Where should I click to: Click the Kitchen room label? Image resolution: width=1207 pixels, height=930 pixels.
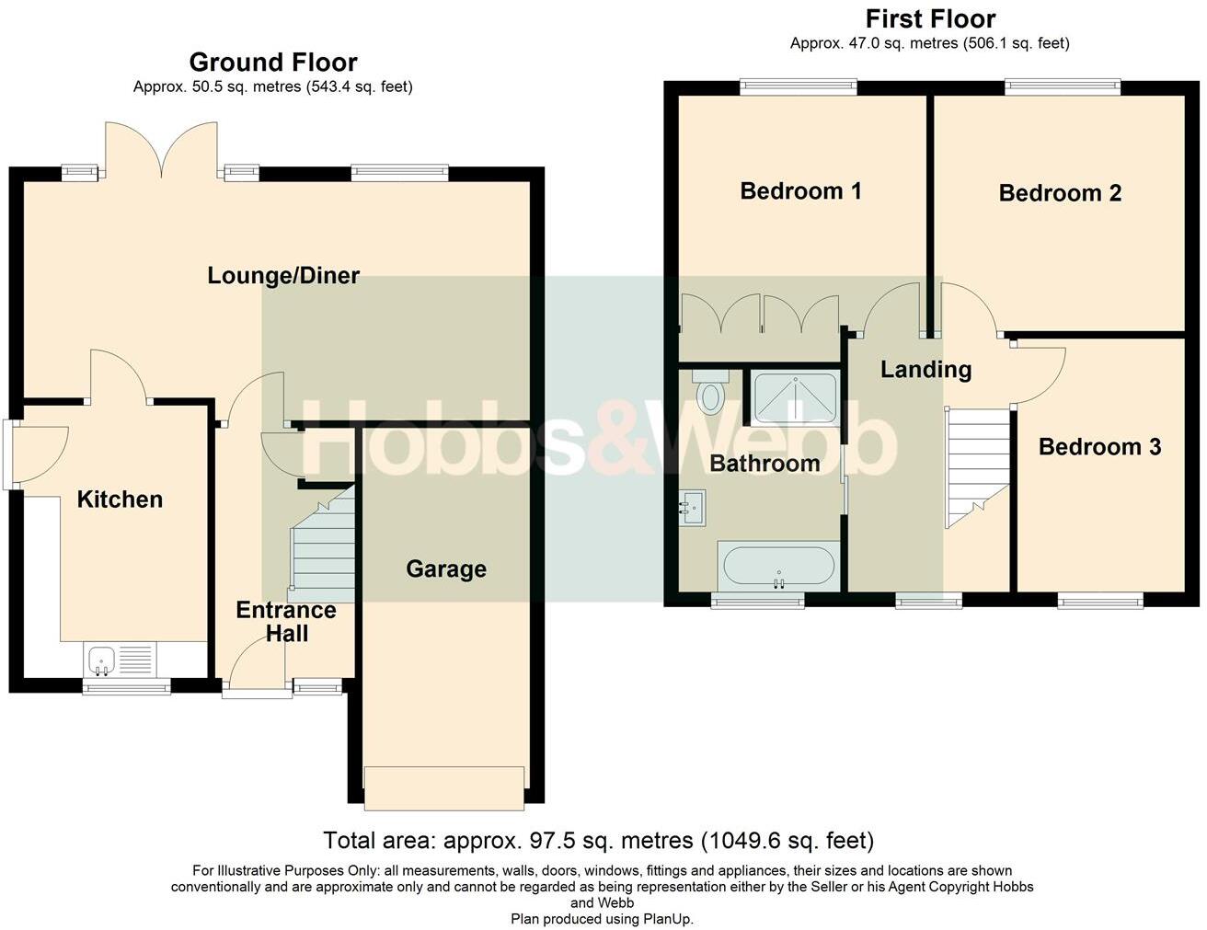(120, 499)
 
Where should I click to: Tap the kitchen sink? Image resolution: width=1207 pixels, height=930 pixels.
(99, 659)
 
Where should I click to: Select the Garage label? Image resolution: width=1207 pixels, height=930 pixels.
(446, 569)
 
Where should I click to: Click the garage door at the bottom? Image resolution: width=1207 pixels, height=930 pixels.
(444, 787)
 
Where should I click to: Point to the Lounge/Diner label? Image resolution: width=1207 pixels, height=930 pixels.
(283, 275)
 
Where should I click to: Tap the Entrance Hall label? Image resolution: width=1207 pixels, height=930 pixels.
(286, 622)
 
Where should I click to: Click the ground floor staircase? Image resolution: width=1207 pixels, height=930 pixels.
(324, 549)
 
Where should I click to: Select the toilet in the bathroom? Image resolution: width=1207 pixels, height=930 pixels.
(710, 394)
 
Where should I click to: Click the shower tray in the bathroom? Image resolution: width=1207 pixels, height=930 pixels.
(795, 397)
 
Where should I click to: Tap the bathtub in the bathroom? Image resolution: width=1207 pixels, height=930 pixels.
(779, 565)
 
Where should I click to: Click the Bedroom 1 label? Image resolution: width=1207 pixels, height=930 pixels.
(800, 191)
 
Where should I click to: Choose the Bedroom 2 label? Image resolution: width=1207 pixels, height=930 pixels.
(1060, 193)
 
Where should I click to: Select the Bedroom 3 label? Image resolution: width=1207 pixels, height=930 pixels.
(1099, 447)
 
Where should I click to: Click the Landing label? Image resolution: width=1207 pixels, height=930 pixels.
(925, 370)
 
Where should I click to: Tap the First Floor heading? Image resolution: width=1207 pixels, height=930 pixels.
(930, 19)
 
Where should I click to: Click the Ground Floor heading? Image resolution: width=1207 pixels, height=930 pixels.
(273, 63)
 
